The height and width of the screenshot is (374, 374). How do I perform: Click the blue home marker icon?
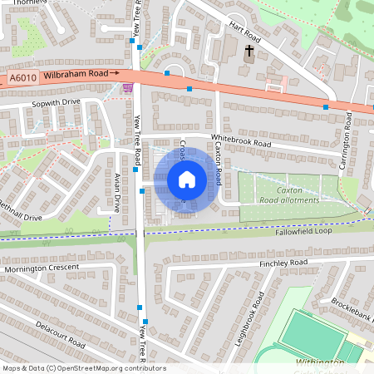pyautogui.click(x=186, y=179)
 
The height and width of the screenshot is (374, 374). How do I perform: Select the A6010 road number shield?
pyautogui.click(x=23, y=79)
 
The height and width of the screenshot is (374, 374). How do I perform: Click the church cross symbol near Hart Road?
pyautogui.click(x=249, y=52)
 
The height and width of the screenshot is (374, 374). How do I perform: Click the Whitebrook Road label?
pyautogui.click(x=241, y=143)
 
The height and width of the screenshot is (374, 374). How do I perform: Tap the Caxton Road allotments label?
pyautogui.click(x=289, y=195)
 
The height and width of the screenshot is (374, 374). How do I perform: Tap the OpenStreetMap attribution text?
pyautogui.click(x=83, y=367)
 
